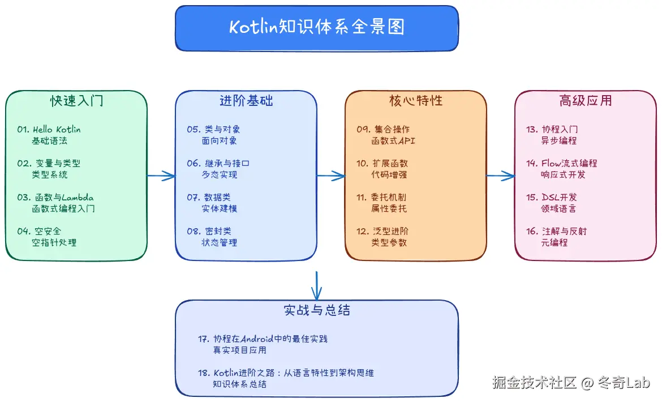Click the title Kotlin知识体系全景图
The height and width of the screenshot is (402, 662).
click(316, 27)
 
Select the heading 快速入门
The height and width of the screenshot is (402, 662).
click(76, 101)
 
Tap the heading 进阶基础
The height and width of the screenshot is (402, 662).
click(246, 101)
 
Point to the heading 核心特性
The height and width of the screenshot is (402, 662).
click(415, 101)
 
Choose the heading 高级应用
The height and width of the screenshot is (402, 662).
click(585, 101)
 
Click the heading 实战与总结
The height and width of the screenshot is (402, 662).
click(316, 310)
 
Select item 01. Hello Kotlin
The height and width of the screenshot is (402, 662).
click(49, 130)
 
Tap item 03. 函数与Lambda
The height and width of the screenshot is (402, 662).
click(55, 198)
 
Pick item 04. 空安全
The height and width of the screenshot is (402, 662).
click(39, 232)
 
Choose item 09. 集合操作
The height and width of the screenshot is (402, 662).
click(383, 130)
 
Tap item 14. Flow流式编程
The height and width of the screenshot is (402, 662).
click(561, 164)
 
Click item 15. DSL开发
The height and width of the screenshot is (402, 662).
click(551, 198)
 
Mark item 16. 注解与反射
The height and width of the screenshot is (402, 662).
click(557, 232)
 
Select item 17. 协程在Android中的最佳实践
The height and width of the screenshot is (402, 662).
click(263, 339)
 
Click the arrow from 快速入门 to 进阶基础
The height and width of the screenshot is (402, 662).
click(161, 176)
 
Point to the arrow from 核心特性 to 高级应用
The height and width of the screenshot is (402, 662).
click(501, 176)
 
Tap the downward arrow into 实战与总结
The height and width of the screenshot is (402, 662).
click(316, 285)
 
